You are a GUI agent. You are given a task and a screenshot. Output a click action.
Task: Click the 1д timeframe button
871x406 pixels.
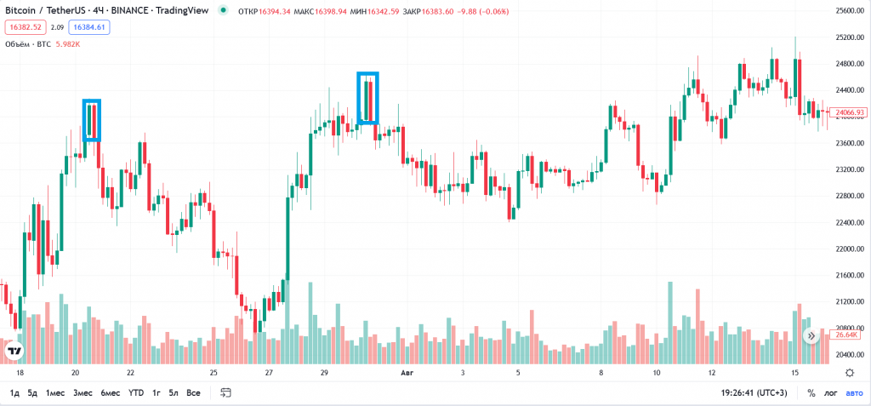(x=14, y=392)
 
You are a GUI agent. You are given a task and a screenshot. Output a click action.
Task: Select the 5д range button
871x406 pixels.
(x=32, y=392)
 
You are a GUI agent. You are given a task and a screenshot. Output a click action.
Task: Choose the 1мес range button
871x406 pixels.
(x=55, y=392)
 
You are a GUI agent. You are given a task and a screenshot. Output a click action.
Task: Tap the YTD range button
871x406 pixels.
(x=136, y=392)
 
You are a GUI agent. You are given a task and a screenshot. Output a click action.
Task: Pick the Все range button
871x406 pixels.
(x=193, y=392)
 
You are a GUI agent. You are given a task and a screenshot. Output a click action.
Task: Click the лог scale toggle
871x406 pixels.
(x=830, y=392)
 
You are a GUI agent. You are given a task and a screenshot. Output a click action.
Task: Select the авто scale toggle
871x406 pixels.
(x=853, y=392)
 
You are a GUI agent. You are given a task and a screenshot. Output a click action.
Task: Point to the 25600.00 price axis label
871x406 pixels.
(x=850, y=11)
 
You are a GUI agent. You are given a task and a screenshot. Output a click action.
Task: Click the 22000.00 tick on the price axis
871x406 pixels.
(x=850, y=249)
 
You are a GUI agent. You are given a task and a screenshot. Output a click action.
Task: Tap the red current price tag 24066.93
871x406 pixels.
(x=849, y=112)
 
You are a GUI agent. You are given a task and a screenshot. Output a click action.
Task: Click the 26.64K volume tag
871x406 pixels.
(x=846, y=335)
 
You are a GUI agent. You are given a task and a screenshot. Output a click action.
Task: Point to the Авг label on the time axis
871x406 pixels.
(x=407, y=373)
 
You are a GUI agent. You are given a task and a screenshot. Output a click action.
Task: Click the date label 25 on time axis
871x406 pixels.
(x=213, y=373)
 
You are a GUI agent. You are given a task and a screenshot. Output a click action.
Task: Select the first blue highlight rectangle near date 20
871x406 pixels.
(x=92, y=120)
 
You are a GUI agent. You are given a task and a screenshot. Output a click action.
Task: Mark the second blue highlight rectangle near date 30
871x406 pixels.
(x=367, y=98)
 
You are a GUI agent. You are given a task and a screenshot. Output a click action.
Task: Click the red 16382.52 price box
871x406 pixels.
(x=25, y=27)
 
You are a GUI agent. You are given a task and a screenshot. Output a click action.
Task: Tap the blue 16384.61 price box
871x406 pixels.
(x=89, y=27)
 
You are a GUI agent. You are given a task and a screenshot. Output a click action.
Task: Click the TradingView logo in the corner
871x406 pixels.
(x=14, y=351)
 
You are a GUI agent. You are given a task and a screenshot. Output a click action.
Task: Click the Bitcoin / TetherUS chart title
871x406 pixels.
(x=51, y=11)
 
